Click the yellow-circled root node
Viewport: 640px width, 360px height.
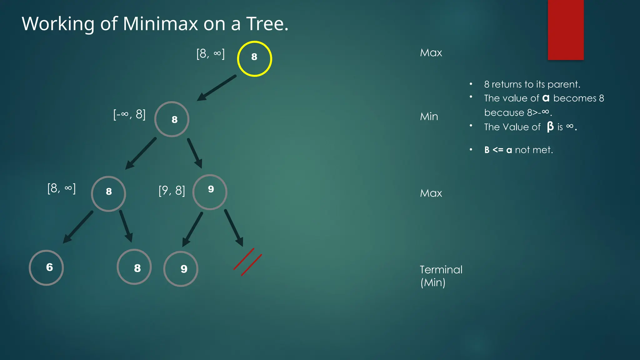[x=254, y=59]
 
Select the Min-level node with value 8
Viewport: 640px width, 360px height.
[x=172, y=119]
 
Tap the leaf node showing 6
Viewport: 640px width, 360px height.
[x=46, y=267]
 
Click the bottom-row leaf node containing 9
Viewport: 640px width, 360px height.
[x=181, y=269]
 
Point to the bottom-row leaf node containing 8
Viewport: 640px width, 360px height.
[x=134, y=267]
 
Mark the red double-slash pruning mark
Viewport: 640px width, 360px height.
[x=247, y=262]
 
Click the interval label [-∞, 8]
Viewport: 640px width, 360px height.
[x=129, y=114]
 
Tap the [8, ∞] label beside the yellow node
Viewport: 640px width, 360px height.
[x=210, y=54]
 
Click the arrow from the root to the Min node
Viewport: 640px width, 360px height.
[x=217, y=88]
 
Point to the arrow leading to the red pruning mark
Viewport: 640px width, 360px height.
[x=233, y=227]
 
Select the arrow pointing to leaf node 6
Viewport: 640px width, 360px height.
[x=78, y=227]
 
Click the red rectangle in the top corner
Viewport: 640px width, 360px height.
[x=566, y=30]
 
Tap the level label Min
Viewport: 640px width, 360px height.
[x=429, y=117]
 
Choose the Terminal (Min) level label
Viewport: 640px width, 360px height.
[x=441, y=276]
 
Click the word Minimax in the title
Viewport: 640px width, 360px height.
[x=160, y=24]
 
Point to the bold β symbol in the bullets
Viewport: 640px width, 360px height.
[x=550, y=127]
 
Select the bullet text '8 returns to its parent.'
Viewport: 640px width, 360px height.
[x=532, y=84]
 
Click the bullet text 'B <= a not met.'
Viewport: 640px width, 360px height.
[x=518, y=150]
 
